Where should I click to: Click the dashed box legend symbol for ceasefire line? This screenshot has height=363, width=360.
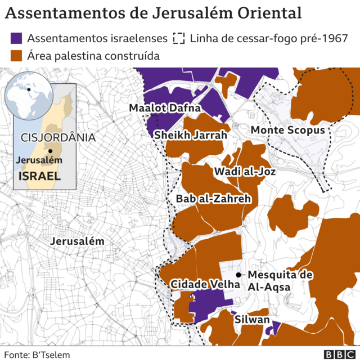[179, 38]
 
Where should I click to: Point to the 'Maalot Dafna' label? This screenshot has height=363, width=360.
[160, 107]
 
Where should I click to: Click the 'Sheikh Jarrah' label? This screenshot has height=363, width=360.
[191, 135]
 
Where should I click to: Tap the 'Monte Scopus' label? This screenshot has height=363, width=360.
[288, 131]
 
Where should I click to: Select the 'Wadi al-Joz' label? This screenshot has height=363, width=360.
[245, 171]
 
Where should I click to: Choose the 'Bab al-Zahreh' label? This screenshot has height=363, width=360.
[213, 199]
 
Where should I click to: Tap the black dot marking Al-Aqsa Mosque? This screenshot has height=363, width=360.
[239, 275]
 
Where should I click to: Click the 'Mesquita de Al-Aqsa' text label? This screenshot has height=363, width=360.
[280, 281]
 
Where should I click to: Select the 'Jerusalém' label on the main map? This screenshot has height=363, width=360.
[78, 241]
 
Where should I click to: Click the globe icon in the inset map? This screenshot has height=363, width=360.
[28, 92]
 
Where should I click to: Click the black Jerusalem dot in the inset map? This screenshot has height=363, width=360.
[50, 150]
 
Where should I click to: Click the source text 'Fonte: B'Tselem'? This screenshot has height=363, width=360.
[37, 355]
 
